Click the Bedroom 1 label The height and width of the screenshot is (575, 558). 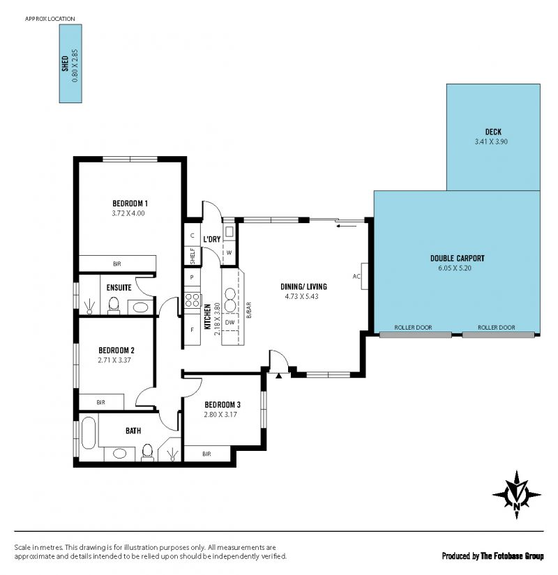130,203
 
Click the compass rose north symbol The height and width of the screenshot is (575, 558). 517,495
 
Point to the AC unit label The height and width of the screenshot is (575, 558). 356,277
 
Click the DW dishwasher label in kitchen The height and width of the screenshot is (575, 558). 229,323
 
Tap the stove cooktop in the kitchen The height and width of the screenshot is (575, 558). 193,300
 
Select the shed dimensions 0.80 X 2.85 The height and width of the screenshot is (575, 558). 75,66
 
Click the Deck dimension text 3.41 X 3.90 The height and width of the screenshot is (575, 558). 491,141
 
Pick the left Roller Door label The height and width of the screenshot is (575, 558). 413,328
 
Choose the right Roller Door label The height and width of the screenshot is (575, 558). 497,328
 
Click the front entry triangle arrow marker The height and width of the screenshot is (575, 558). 278,375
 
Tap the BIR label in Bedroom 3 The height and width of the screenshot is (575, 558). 206,454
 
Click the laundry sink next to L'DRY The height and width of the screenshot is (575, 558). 229,232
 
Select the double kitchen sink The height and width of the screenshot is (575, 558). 230,300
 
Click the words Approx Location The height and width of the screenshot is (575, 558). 50,19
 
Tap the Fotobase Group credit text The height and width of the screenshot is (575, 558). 512,556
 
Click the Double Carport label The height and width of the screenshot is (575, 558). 458,258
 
